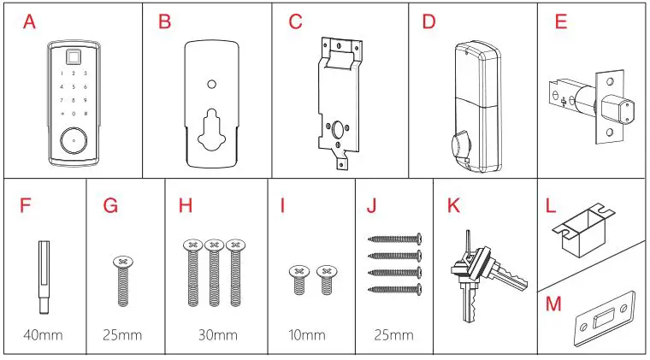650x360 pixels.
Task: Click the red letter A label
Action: (30, 22)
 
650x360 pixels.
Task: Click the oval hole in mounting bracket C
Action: (340, 130)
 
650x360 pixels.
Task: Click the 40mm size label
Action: (44, 333)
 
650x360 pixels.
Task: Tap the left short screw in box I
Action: (298, 280)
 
